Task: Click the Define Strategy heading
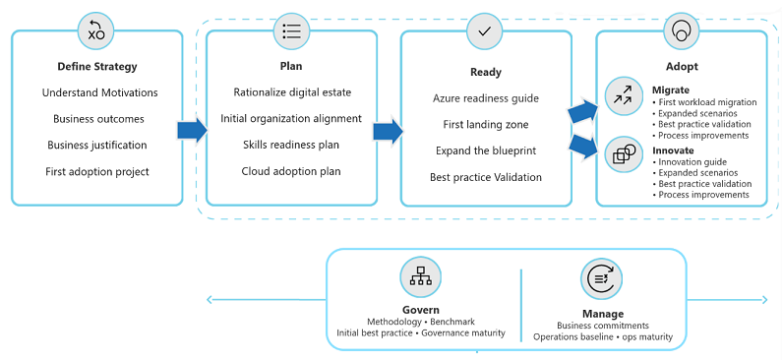[97, 67]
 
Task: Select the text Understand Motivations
[99, 92]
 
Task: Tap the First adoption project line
[97, 171]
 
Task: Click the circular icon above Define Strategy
[96, 31]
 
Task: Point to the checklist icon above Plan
[292, 31]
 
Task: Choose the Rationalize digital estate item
[292, 92]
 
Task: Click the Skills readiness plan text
[291, 145]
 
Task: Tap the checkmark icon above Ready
[484, 31]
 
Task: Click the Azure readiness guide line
[485, 98]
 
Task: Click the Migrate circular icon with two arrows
[624, 95]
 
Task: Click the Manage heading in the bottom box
[602, 314]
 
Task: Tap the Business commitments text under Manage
[602, 326]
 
